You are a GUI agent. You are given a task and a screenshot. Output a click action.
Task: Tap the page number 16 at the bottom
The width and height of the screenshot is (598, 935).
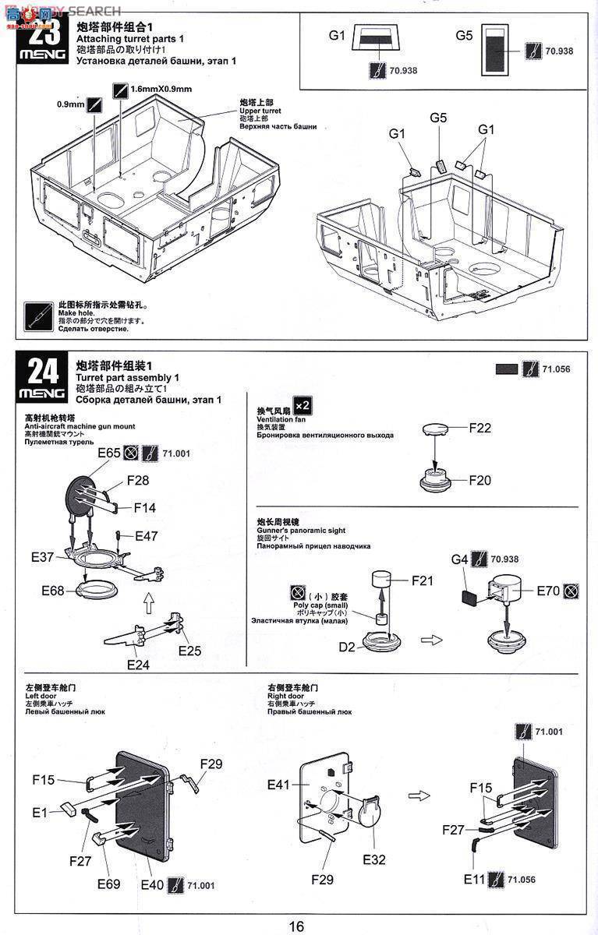click(x=296, y=926)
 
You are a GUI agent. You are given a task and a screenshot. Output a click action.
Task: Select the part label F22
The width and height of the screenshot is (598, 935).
click(x=480, y=429)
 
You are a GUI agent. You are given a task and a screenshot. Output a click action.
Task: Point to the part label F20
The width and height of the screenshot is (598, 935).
click(x=480, y=481)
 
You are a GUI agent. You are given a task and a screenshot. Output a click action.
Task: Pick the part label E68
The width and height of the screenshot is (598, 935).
click(x=54, y=591)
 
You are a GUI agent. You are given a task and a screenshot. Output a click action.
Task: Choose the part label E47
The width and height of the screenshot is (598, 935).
click(x=147, y=536)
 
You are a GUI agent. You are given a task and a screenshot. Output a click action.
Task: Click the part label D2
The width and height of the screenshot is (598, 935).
click(x=346, y=647)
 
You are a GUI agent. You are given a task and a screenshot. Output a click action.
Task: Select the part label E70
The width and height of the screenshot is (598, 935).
click(x=547, y=591)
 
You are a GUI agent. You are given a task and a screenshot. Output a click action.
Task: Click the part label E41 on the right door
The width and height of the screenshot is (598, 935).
click(x=280, y=785)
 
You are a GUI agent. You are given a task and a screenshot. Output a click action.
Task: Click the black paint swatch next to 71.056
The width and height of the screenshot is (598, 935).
click(x=506, y=369)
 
